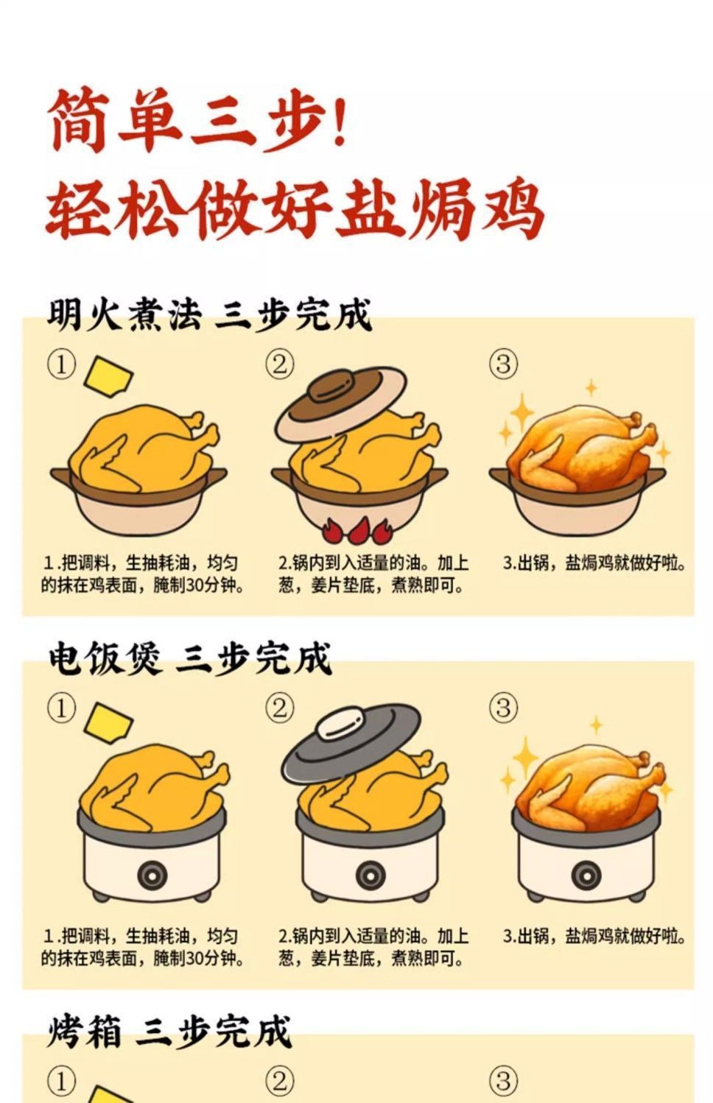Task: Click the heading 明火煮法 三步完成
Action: click(x=209, y=314)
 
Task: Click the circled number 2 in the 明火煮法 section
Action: click(x=279, y=365)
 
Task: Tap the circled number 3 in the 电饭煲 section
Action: click(x=503, y=708)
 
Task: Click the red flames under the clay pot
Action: click(x=357, y=529)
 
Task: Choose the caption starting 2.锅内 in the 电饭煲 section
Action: click(x=373, y=947)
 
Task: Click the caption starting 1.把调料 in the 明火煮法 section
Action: click(x=142, y=574)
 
